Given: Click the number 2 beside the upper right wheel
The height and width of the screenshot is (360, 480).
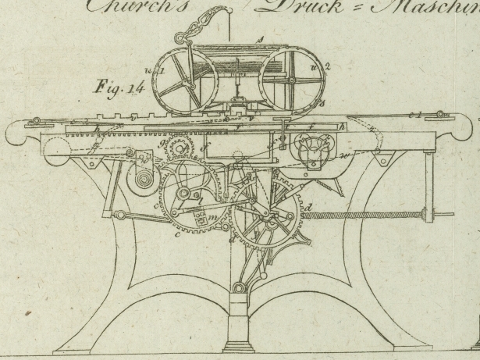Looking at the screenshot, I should (329, 66).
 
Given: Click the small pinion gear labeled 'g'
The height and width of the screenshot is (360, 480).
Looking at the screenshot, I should (182, 147).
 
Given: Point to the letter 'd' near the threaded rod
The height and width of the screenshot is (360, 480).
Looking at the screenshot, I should (311, 207).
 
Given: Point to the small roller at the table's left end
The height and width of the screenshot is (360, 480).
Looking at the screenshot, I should (36, 121).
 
